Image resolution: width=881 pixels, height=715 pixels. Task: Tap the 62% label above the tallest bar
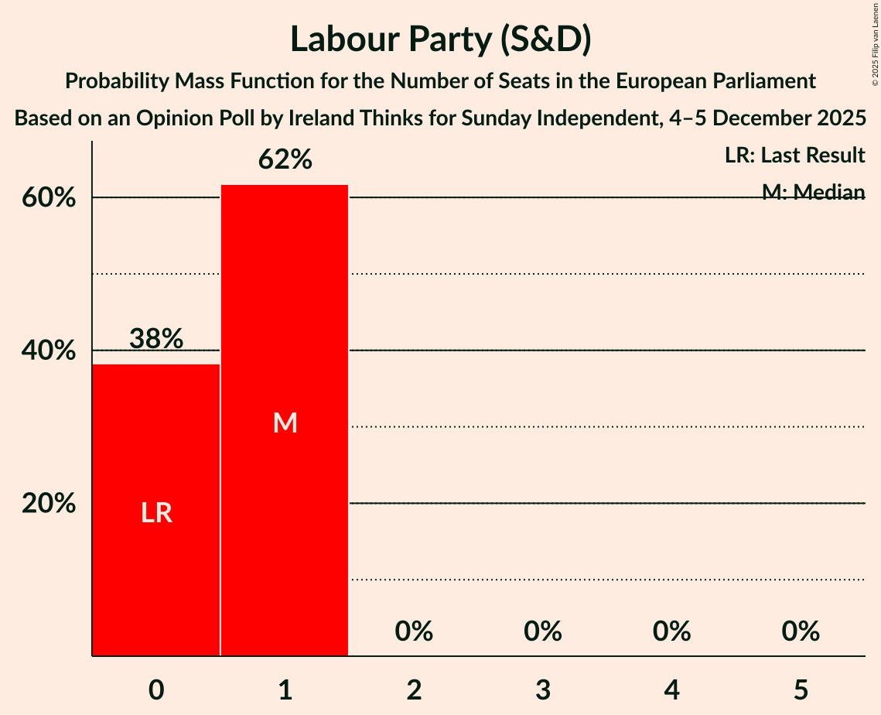[285, 160]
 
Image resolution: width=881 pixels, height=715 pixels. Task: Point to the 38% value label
[156, 339]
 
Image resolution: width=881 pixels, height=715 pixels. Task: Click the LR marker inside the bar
[156, 513]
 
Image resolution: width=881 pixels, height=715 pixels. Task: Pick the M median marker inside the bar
[285, 422]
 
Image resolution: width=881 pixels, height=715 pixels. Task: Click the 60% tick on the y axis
[49, 198]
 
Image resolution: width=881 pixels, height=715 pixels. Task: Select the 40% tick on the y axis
[49, 351]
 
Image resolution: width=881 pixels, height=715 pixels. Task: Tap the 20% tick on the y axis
[49, 504]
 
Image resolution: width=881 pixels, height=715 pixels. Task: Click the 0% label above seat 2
[414, 631]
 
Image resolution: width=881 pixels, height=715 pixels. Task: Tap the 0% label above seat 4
[671, 631]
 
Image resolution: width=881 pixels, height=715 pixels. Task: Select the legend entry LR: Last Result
[794, 156]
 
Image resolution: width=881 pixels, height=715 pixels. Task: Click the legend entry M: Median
[813, 192]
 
